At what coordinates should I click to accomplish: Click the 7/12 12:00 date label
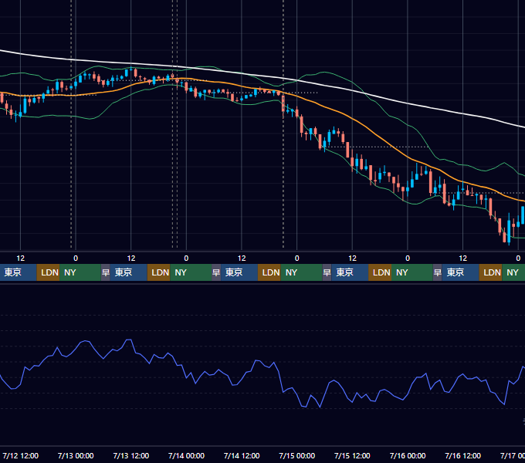pyautogui.click(x=20, y=455)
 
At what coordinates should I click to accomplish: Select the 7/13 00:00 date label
pyautogui.click(x=76, y=455)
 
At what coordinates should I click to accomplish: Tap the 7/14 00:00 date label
pyautogui.click(x=186, y=455)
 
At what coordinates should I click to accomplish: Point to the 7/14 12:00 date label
pyautogui.click(x=242, y=455)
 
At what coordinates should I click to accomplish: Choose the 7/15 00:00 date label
pyautogui.click(x=297, y=455)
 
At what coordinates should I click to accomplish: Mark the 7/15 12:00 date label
pyautogui.click(x=352, y=455)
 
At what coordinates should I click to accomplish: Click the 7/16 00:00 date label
pyautogui.click(x=408, y=455)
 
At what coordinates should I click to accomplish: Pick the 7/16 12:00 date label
pyautogui.click(x=462, y=455)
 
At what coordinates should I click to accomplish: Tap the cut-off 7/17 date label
pyautogui.click(x=513, y=455)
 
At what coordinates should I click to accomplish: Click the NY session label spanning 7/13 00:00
pyautogui.click(x=70, y=272)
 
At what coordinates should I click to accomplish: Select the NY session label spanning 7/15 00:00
pyautogui.click(x=291, y=272)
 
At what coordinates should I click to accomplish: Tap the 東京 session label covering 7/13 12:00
pyautogui.click(x=124, y=272)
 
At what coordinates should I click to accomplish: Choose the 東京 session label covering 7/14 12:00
pyautogui.click(x=234, y=272)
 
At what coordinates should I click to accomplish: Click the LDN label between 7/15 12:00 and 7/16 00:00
pyautogui.click(x=381, y=272)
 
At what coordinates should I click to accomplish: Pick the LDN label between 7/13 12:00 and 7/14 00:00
pyautogui.click(x=160, y=272)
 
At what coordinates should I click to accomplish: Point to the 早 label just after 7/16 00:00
pyautogui.click(x=437, y=272)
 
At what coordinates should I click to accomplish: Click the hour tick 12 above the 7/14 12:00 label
pyautogui.click(x=242, y=259)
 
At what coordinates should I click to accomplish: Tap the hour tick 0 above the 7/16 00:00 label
pyautogui.click(x=408, y=259)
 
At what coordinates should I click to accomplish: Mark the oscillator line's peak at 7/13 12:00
pyautogui.click(x=129, y=340)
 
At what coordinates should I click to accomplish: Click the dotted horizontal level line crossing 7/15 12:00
pyautogui.click(x=378, y=147)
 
